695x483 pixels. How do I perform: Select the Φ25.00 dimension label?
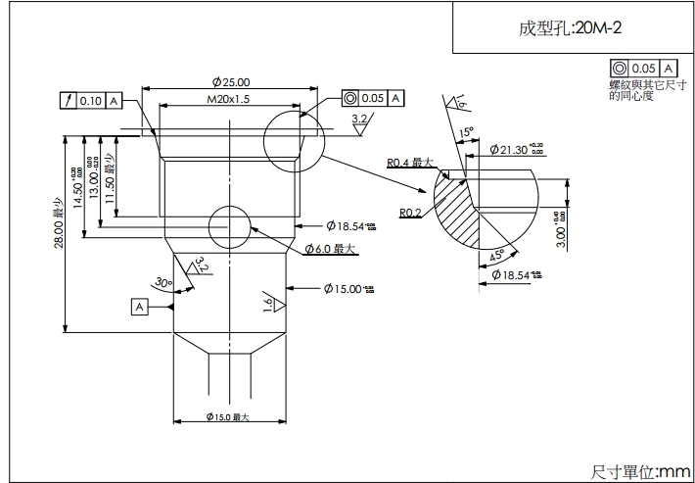[x=231, y=82]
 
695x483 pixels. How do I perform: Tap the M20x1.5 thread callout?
[x=229, y=100]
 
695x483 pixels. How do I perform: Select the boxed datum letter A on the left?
[x=140, y=307]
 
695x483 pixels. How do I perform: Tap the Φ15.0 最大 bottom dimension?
[x=229, y=418]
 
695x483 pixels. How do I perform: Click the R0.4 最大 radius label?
[x=410, y=163]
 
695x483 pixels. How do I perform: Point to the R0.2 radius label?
[x=410, y=213]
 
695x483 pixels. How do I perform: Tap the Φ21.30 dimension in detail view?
[x=515, y=150]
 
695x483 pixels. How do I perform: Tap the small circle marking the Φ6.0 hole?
[x=230, y=226]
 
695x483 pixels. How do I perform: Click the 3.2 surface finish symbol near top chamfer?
[x=360, y=121]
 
